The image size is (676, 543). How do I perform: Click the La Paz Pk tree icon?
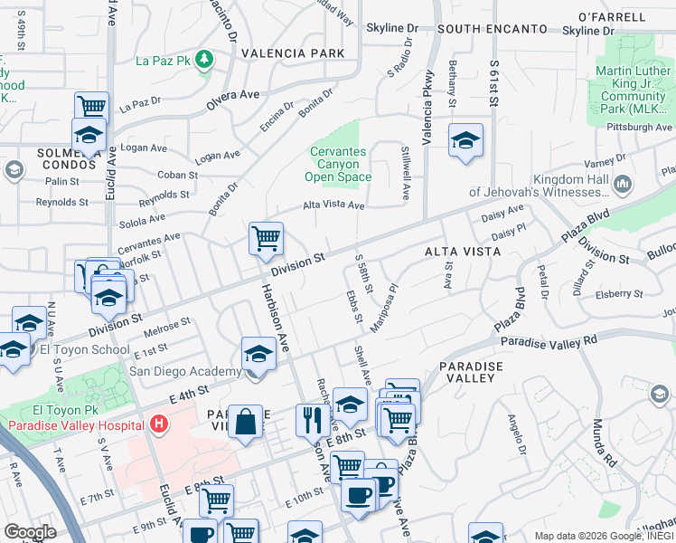[206, 60]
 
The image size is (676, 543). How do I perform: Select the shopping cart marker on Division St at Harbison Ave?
[267, 240]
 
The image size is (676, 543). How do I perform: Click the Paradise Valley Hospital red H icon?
[159, 423]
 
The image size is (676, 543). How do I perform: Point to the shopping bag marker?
[245, 423]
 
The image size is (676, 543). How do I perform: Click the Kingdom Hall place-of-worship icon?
[622, 185]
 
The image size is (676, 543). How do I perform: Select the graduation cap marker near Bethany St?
[465, 141]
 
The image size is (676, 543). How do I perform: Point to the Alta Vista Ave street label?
[333, 206]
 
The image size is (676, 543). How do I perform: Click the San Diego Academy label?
[185, 370]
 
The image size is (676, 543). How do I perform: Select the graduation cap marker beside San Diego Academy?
[258, 355]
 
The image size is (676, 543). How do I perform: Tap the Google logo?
[30, 532]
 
